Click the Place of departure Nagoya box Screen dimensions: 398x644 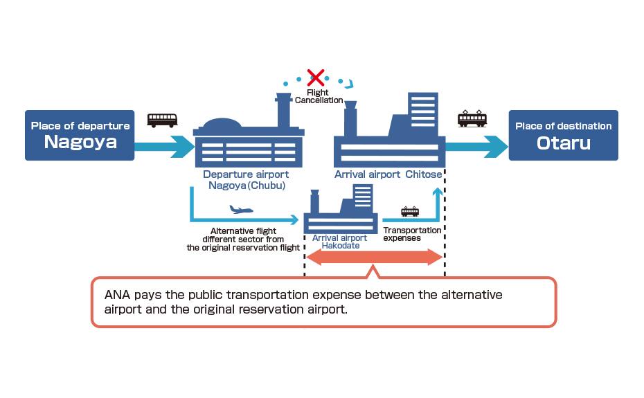pyautogui.click(x=80, y=135)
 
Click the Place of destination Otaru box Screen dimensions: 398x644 pyautogui.click(x=563, y=135)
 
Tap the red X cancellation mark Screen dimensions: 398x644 pyautogui.click(x=316, y=77)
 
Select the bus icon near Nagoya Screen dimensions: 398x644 pyautogui.click(x=162, y=120)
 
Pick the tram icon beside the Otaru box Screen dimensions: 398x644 pyautogui.click(x=472, y=118)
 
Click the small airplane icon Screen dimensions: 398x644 pyautogui.click(x=241, y=209)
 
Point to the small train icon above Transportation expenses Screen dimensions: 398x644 pyautogui.click(x=409, y=211)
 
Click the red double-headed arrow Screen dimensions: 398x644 pyautogui.click(x=374, y=257)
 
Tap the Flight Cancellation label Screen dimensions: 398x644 pyautogui.click(x=319, y=96)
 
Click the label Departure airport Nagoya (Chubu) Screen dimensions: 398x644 pyautogui.click(x=245, y=180)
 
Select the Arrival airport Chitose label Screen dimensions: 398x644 pyautogui.click(x=388, y=174)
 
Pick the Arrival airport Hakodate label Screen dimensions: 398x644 pyautogui.click(x=339, y=242)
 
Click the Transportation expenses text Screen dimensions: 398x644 pyautogui.click(x=411, y=234)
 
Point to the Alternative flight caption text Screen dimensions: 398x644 pyautogui.click(x=243, y=239)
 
